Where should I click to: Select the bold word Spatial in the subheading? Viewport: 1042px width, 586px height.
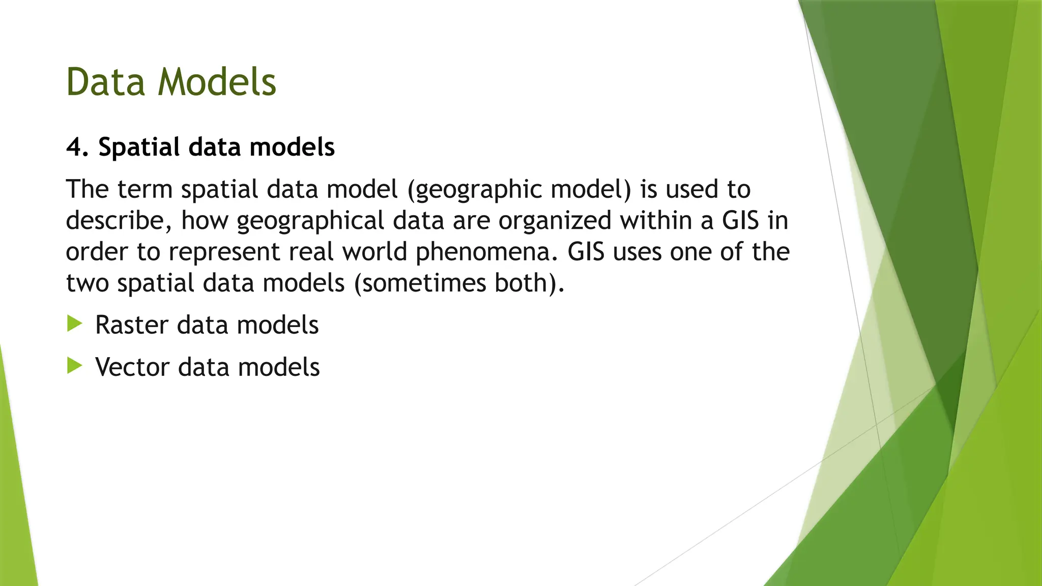point(139,148)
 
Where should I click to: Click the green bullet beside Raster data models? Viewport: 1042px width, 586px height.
point(74,324)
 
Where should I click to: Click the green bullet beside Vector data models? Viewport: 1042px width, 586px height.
point(74,365)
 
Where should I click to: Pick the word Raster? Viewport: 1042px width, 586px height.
point(131,325)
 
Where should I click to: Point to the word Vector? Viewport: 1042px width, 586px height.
point(132,367)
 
